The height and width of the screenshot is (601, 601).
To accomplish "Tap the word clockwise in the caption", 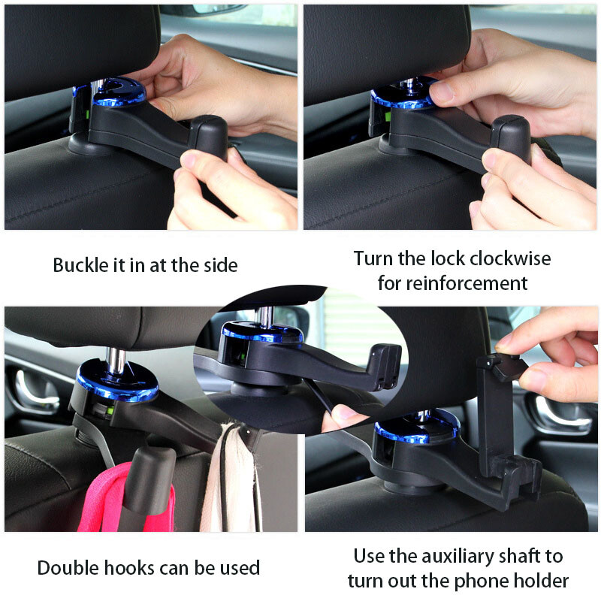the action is pos(511,258).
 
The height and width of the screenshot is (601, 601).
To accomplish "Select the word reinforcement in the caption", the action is pos(467,283).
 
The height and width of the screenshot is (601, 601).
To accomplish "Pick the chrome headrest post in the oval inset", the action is pos(264,316).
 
